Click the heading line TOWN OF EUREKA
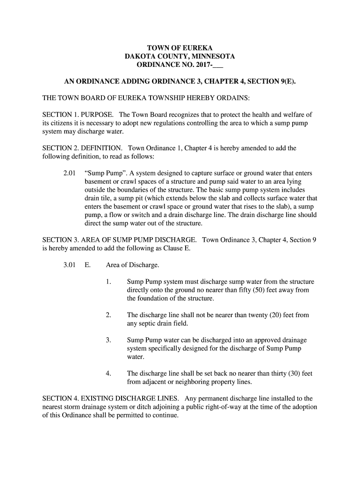tap(180, 48)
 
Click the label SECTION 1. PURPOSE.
tap(78, 115)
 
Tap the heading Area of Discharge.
tap(132, 265)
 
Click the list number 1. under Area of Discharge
tap(108, 282)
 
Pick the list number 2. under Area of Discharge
tap(108, 315)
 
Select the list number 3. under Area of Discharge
tap(108, 340)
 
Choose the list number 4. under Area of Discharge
tap(108, 373)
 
